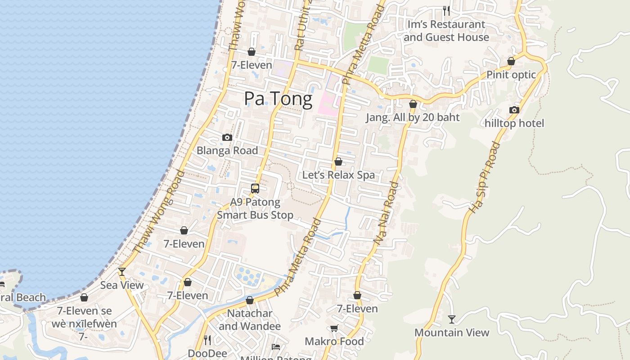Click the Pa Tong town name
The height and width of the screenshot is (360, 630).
pos(278,99)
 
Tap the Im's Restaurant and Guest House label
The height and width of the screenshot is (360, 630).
pos(446,31)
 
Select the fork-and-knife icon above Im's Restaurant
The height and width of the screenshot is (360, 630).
pos(446,10)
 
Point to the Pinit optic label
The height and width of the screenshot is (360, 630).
pos(511,75)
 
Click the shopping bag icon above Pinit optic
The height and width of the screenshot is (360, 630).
pos(511,61)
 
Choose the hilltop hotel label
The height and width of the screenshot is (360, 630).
pos(514,123)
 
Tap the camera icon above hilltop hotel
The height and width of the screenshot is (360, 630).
pos(514,110)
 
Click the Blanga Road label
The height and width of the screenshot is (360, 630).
pos(227,151)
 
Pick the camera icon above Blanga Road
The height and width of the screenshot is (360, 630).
pos(227,137)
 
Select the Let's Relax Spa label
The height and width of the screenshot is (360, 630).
pos(338,175)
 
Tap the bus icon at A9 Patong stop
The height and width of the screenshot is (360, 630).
pos(255,189)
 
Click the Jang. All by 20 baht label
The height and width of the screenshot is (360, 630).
pos(413,118)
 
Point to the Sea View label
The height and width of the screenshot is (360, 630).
pos(122,285)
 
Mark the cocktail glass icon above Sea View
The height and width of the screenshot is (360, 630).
pos(122,271)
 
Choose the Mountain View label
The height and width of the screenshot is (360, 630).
pos(452,333)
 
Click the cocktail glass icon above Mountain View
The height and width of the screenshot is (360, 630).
pos(452,319)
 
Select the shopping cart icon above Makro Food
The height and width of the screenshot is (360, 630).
pos(334,328)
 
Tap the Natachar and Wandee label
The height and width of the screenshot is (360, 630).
pos(250,319)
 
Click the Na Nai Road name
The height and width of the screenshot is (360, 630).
pos(386,213)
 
